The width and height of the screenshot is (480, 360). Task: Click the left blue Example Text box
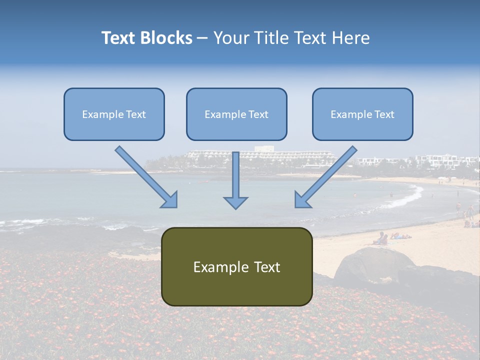tap(114, 114)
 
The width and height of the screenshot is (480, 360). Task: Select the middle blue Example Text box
tap(236, 114)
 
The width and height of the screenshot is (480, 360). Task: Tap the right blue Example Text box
tap(362, 114)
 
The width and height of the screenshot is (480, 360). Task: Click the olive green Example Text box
tap(236, 267)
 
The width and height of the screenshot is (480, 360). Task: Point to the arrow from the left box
tap(145, 175)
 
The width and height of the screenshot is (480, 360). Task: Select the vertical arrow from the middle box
tap(235, 177)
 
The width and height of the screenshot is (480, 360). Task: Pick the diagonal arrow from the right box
tap(327, 175)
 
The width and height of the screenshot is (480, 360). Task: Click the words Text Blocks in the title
tap(146, 38)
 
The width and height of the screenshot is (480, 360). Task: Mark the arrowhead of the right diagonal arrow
tap(302, 200)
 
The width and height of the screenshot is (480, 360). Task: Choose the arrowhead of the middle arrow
tap(235, 202)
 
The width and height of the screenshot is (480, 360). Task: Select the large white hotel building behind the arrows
tap(260, 157)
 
